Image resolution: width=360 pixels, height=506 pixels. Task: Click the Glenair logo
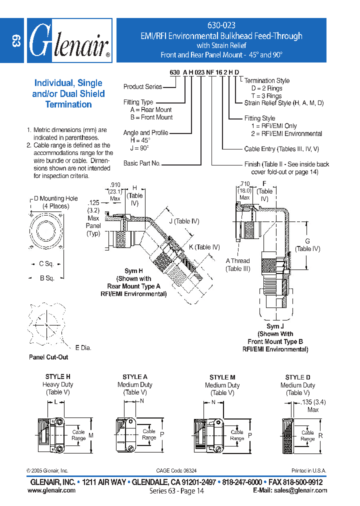point(69,40)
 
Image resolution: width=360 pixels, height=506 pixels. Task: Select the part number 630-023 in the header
point(221,25)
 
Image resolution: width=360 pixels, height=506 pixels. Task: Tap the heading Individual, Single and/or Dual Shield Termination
point(68,93)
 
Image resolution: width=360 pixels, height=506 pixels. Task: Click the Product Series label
point(142,86)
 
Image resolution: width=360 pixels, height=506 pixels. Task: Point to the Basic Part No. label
point(141,163)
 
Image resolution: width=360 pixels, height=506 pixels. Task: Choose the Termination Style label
point(267,80)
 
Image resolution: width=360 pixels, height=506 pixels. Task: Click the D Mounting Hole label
point(55,198)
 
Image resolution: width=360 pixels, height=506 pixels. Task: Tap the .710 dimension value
point(244,184)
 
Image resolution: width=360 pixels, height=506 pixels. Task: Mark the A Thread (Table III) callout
point(237,264)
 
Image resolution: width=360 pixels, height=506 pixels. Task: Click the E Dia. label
point(83,347)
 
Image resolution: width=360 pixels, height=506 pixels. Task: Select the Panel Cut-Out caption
point(48,357)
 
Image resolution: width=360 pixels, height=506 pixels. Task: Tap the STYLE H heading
point(58,376)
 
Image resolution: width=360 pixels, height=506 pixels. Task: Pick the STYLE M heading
point(222,377)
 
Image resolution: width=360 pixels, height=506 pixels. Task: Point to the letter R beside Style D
point(320,435)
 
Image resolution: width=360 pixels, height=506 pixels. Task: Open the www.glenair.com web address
point(51,490)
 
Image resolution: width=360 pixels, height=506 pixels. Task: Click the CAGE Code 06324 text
point(176,470)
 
